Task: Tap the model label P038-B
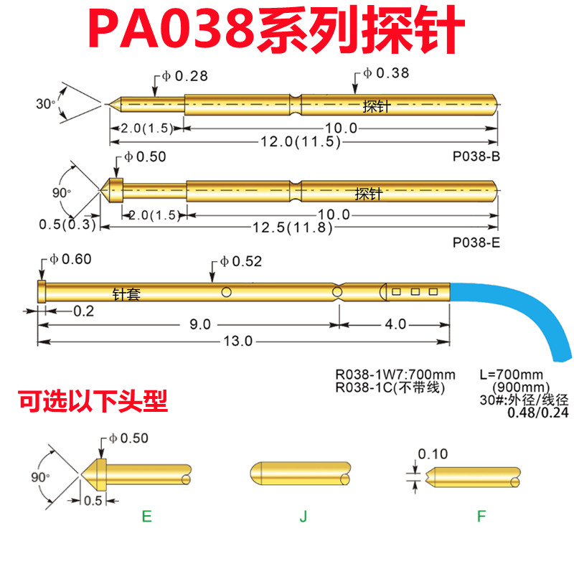[476, 156]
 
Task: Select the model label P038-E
[476, 243]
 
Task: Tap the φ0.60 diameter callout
[71, 259]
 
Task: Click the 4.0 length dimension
[395, 324]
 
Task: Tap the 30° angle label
[44, 104]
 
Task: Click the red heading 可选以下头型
[93, 402]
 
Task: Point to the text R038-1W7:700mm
[395, 374]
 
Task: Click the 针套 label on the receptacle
[126, 293]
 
